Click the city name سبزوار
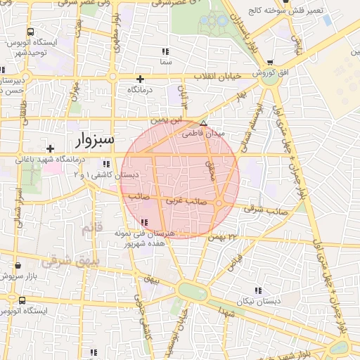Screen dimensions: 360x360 coord(93,139)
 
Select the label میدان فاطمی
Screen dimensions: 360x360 coord(203,133)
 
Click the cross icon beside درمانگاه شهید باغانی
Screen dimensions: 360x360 coord(50,148)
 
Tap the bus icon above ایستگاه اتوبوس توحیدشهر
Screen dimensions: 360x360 coord(30,32)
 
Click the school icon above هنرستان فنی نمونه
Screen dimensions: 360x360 coord(146,223)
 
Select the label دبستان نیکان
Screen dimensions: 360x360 coord(258,300)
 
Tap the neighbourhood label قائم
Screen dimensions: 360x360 coord(92,228)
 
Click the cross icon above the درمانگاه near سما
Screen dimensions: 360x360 coord(141,79)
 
